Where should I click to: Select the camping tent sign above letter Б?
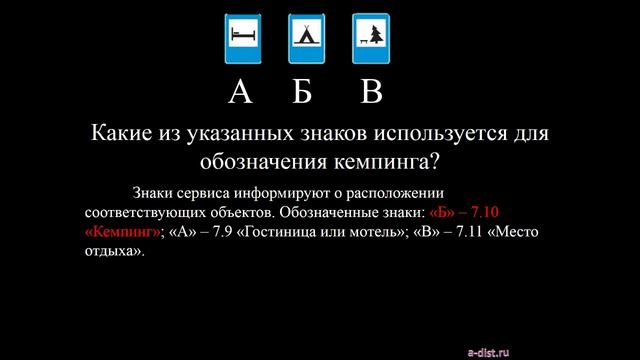click(305, 37)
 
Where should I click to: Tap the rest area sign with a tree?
click(369, 37)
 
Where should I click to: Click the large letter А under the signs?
click(240, 92)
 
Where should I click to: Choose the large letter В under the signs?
click(371, 92)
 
